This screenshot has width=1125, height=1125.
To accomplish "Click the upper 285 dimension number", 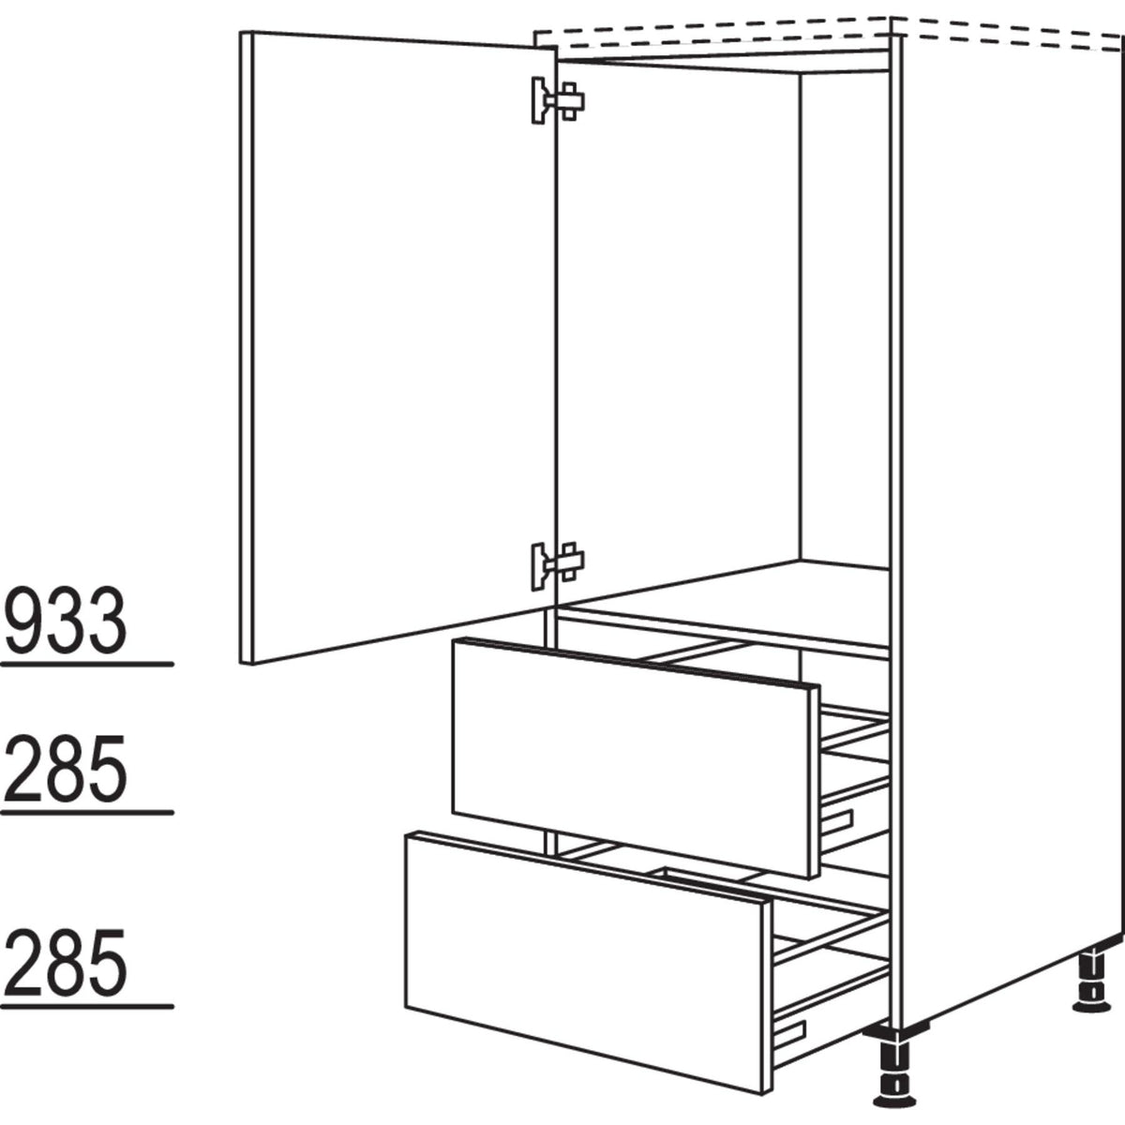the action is (66, 769).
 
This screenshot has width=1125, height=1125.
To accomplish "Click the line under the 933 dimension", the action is (87, 665).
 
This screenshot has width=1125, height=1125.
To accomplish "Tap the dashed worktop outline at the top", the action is (829, 33).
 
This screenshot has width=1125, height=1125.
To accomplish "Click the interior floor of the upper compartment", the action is (724, 601).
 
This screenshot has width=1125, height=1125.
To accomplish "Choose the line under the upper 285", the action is (87, 813).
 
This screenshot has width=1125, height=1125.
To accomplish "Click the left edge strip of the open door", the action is (246, 348).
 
